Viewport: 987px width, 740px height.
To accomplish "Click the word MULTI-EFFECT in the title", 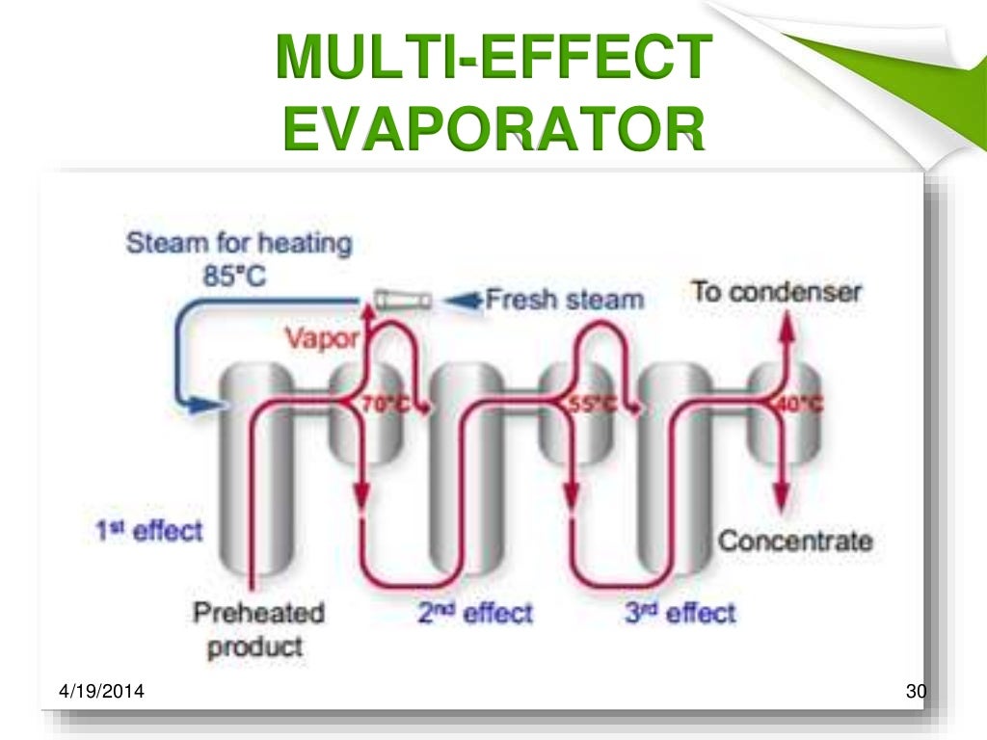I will click(x=493, y=59).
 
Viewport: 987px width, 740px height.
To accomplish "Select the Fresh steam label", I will click(x=563, y=300).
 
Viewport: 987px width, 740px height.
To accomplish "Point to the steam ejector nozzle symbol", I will click(x=404, y=300).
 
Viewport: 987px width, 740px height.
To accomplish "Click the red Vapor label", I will click(x=322, y=339).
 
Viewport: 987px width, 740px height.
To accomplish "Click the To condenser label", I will click(x=776, y=292).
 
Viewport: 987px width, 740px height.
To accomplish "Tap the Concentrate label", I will click(x=795, y=541).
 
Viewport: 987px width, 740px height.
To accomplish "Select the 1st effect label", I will click(x=148, y=530).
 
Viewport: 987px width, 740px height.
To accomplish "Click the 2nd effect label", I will click(x=474, y=613).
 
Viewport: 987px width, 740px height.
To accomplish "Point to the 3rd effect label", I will click(x=680, y=613).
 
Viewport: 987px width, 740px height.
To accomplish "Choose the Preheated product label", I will click(x=258, y=628).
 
